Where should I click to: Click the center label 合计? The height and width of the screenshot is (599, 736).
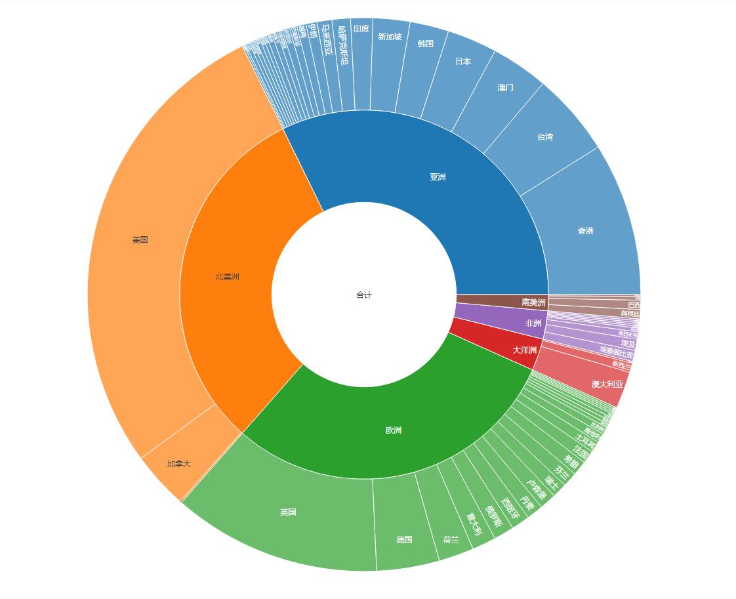point(364,295)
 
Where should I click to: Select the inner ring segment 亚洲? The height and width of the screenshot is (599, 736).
point(438,177)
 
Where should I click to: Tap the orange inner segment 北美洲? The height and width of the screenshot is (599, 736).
point(227,277)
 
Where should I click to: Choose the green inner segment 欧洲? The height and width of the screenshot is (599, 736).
point(394,430)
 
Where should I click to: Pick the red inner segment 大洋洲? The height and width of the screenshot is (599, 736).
point(524,350)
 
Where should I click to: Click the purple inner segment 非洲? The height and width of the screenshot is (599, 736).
point(533,323)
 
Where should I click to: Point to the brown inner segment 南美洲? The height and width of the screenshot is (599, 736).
point(533,302)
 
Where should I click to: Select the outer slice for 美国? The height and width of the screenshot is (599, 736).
point(140,240)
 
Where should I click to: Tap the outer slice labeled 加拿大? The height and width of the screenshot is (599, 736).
point(178,464)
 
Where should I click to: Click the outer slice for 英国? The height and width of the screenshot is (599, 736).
point(288,512)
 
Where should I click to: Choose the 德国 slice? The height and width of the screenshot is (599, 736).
point(404,540)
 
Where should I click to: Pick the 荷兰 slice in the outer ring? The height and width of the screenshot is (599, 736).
point(451,540)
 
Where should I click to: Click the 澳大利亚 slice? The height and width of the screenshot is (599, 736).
point(607,384)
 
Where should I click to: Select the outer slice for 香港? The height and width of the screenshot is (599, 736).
point(586,231)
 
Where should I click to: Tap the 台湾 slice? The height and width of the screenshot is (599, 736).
point(545,137)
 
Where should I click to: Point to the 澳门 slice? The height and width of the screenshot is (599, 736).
point(505,88)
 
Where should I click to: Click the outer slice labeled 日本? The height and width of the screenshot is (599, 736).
point(463,61)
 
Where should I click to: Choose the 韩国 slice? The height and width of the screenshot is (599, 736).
point(426,44)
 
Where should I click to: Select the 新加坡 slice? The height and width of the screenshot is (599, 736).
point(390,37)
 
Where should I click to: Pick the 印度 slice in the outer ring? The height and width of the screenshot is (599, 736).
point(361,29)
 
